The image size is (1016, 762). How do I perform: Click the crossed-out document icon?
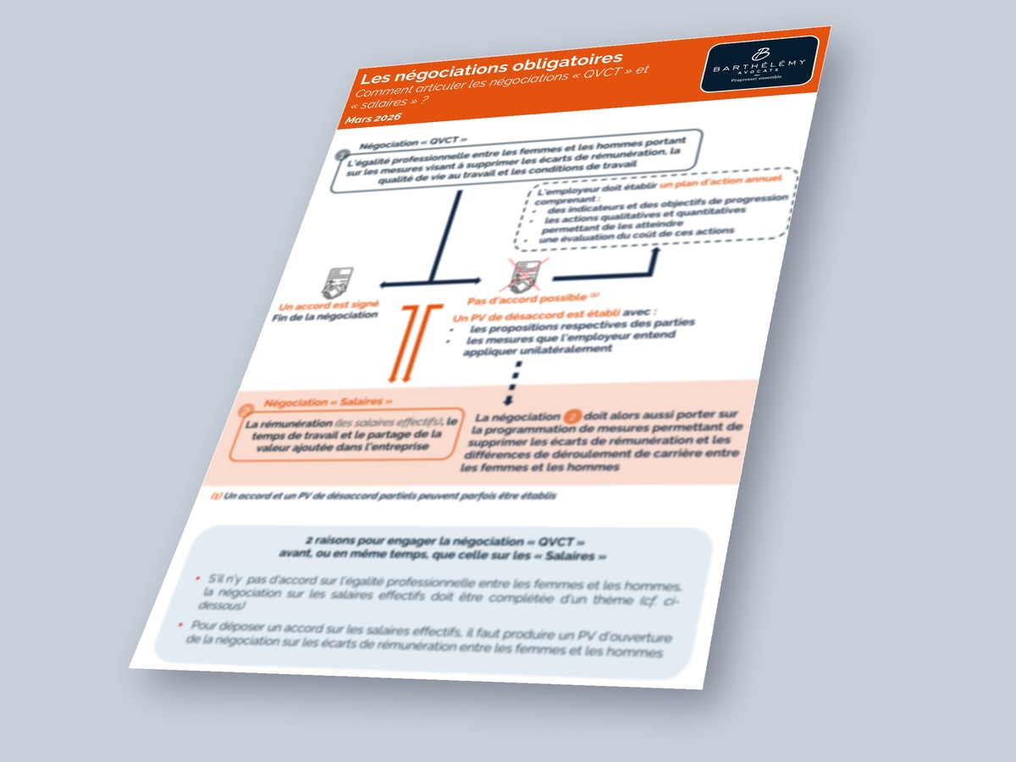518,275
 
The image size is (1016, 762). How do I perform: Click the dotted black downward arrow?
513,380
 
